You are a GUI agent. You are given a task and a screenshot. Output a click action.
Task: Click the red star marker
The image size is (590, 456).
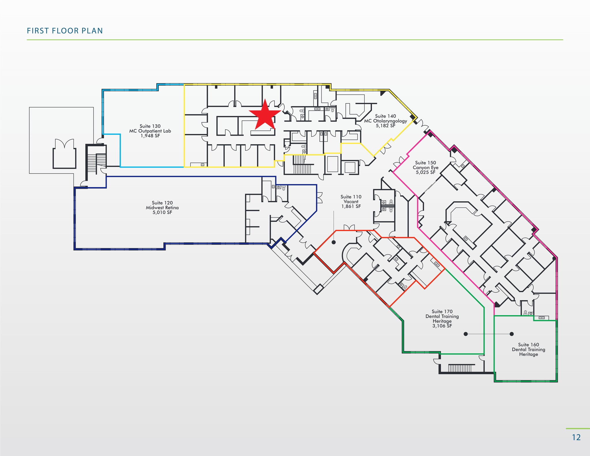265,115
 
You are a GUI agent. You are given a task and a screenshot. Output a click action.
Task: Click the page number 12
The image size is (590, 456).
576,437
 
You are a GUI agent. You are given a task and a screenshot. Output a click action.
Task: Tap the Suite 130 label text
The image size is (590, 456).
150,126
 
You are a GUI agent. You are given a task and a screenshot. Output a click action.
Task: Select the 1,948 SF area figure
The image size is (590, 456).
150,136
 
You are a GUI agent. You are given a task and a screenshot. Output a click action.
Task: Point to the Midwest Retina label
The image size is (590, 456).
162,208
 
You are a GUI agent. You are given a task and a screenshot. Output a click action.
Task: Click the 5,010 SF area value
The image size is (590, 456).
162,213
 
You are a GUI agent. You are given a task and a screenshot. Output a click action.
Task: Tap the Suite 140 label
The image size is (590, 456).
385,116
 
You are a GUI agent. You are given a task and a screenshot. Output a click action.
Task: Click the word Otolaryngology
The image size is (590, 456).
390,121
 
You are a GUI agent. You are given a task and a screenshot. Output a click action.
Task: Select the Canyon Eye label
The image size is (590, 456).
426,168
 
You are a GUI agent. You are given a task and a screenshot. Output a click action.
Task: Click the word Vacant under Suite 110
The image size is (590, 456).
351,202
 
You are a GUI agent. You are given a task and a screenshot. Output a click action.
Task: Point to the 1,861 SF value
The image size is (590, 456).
351,207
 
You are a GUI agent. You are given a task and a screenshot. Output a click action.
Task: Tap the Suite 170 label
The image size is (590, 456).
442,311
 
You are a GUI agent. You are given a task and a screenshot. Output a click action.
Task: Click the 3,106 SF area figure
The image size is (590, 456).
442,326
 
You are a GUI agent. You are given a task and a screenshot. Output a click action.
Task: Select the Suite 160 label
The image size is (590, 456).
528,345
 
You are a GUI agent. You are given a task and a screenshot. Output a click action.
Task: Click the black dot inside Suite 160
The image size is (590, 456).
511,334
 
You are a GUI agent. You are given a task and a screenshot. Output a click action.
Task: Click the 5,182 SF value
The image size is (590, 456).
385,126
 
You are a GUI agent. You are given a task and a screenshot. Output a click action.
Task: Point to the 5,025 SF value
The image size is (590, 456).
426,173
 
